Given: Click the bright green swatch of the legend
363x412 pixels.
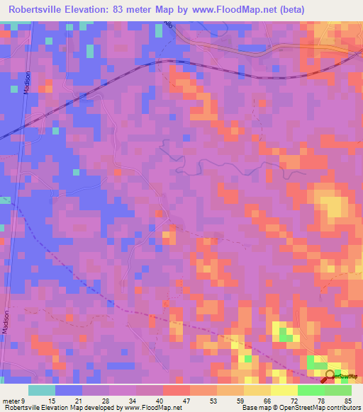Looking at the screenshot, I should click(311, 390).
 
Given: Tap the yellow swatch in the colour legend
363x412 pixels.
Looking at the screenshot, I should click(284, 390).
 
